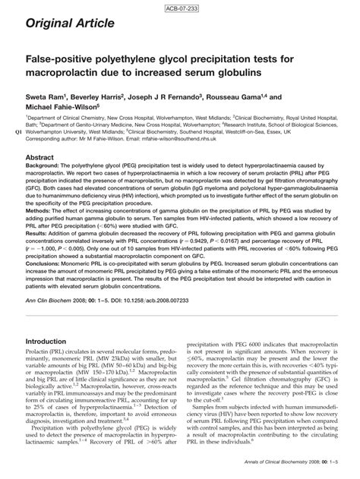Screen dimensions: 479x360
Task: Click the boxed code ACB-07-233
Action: pyautogui.click(x=179, y=8)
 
